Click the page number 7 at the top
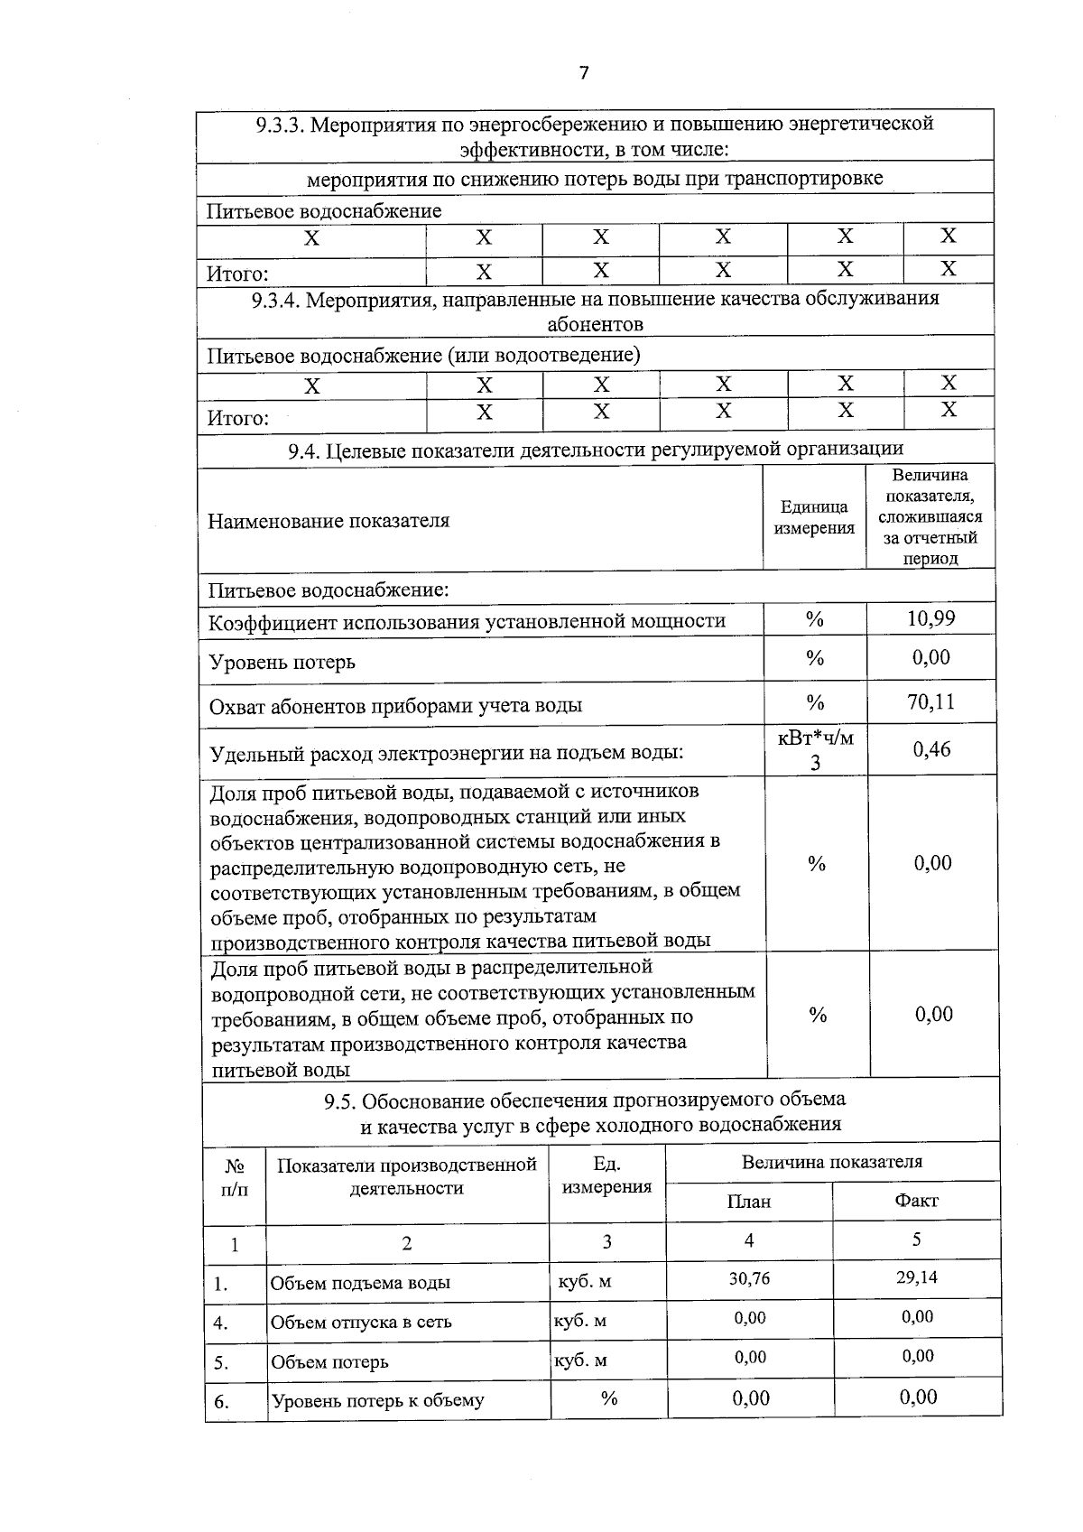584,73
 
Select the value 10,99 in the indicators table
930,619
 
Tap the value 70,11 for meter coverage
930,701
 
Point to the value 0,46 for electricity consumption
930,749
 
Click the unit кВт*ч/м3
815,750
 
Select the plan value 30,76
749,1278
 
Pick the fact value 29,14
916,1278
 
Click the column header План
749,1202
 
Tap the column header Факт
916,1201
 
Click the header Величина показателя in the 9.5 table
831,1162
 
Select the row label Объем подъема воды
360,1283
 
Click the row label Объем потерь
329,1361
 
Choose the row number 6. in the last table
221,1401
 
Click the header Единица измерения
814,517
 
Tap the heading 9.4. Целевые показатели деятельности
595,450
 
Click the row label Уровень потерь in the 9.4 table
282,662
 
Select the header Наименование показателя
329,521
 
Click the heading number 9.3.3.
280,125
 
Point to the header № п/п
235,1176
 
